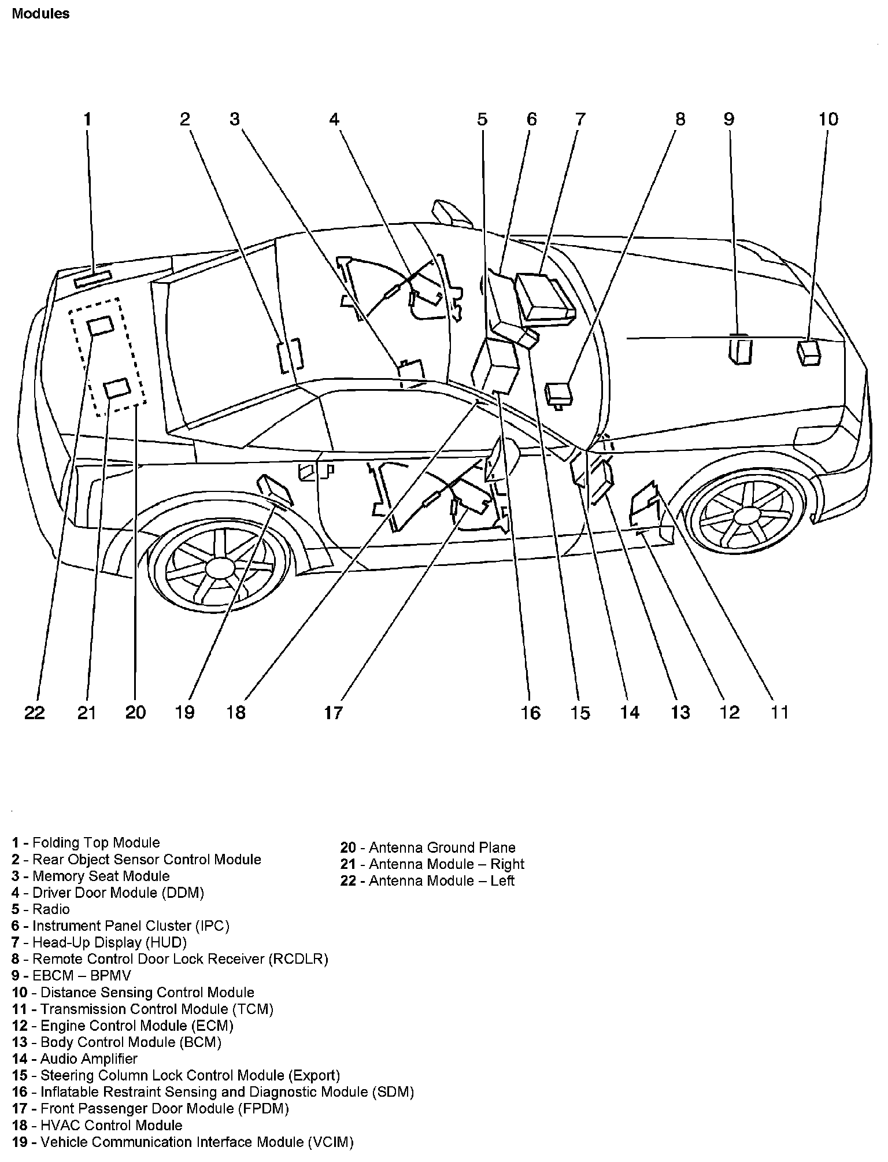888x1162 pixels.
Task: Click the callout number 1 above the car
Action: (87, 120)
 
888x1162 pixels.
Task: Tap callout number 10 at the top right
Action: (828, 120)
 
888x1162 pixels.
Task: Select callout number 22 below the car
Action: (35, 712)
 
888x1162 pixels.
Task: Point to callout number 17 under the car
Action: (334, 712)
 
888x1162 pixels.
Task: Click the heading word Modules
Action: (40, 14)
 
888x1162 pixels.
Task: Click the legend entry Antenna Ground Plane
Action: (428, 848)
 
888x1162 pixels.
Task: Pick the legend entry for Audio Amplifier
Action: (75, 1059)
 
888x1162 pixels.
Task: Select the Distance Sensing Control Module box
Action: (809, 353)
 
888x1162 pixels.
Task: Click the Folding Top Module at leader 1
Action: (92, 279)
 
